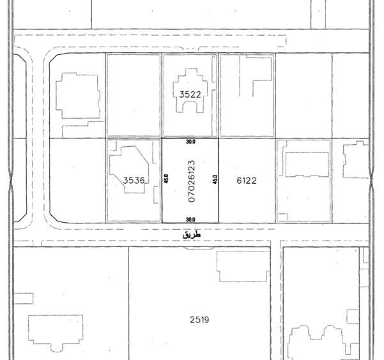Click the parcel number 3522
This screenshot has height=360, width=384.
point(190,94)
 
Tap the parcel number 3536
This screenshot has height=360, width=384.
point(134,181)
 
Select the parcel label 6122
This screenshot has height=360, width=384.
point(247,181)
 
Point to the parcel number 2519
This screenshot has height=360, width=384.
point(199,320)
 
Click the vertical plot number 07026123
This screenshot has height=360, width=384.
point(192,181)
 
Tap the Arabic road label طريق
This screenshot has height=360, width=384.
point(192,235)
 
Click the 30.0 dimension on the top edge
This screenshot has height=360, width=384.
point(190,142)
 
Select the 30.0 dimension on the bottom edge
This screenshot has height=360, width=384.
point(190,220)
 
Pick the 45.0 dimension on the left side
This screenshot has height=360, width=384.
point(166,179)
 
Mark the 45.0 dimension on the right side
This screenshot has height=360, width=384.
point(215,179)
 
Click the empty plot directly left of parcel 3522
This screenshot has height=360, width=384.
point(134,95)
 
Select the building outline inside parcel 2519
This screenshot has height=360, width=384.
point(217,267)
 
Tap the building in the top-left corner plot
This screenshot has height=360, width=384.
point(56,96)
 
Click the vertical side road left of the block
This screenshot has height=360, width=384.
point(38,137)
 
